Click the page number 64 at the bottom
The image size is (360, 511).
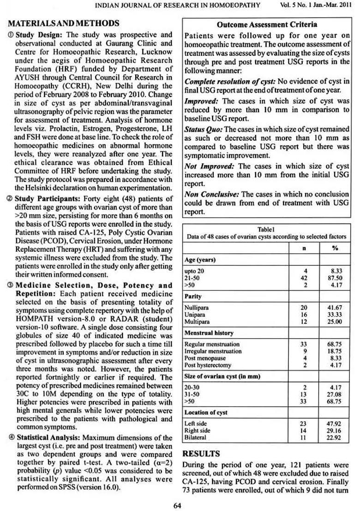pos(177,505)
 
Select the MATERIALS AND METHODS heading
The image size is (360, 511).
pos(63,24)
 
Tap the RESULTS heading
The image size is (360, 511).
pos(201,454)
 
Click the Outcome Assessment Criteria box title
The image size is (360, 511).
pos(267,24)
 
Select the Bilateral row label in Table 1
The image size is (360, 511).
pos(195,437)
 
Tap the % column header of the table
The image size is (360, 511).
pos(335,248)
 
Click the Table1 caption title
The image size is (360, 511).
pos(266,229)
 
